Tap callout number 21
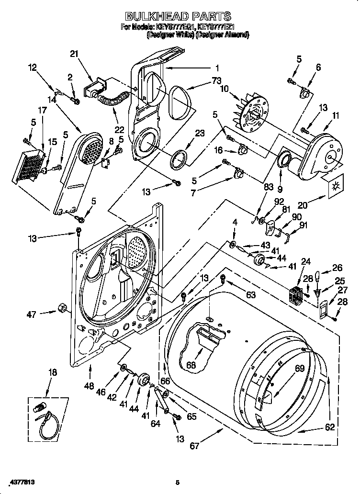[x=74, y=54]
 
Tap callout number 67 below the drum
[x=195, y=447]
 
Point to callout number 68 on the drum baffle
[x=191, y=365]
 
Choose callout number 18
[x=53, y=372]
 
